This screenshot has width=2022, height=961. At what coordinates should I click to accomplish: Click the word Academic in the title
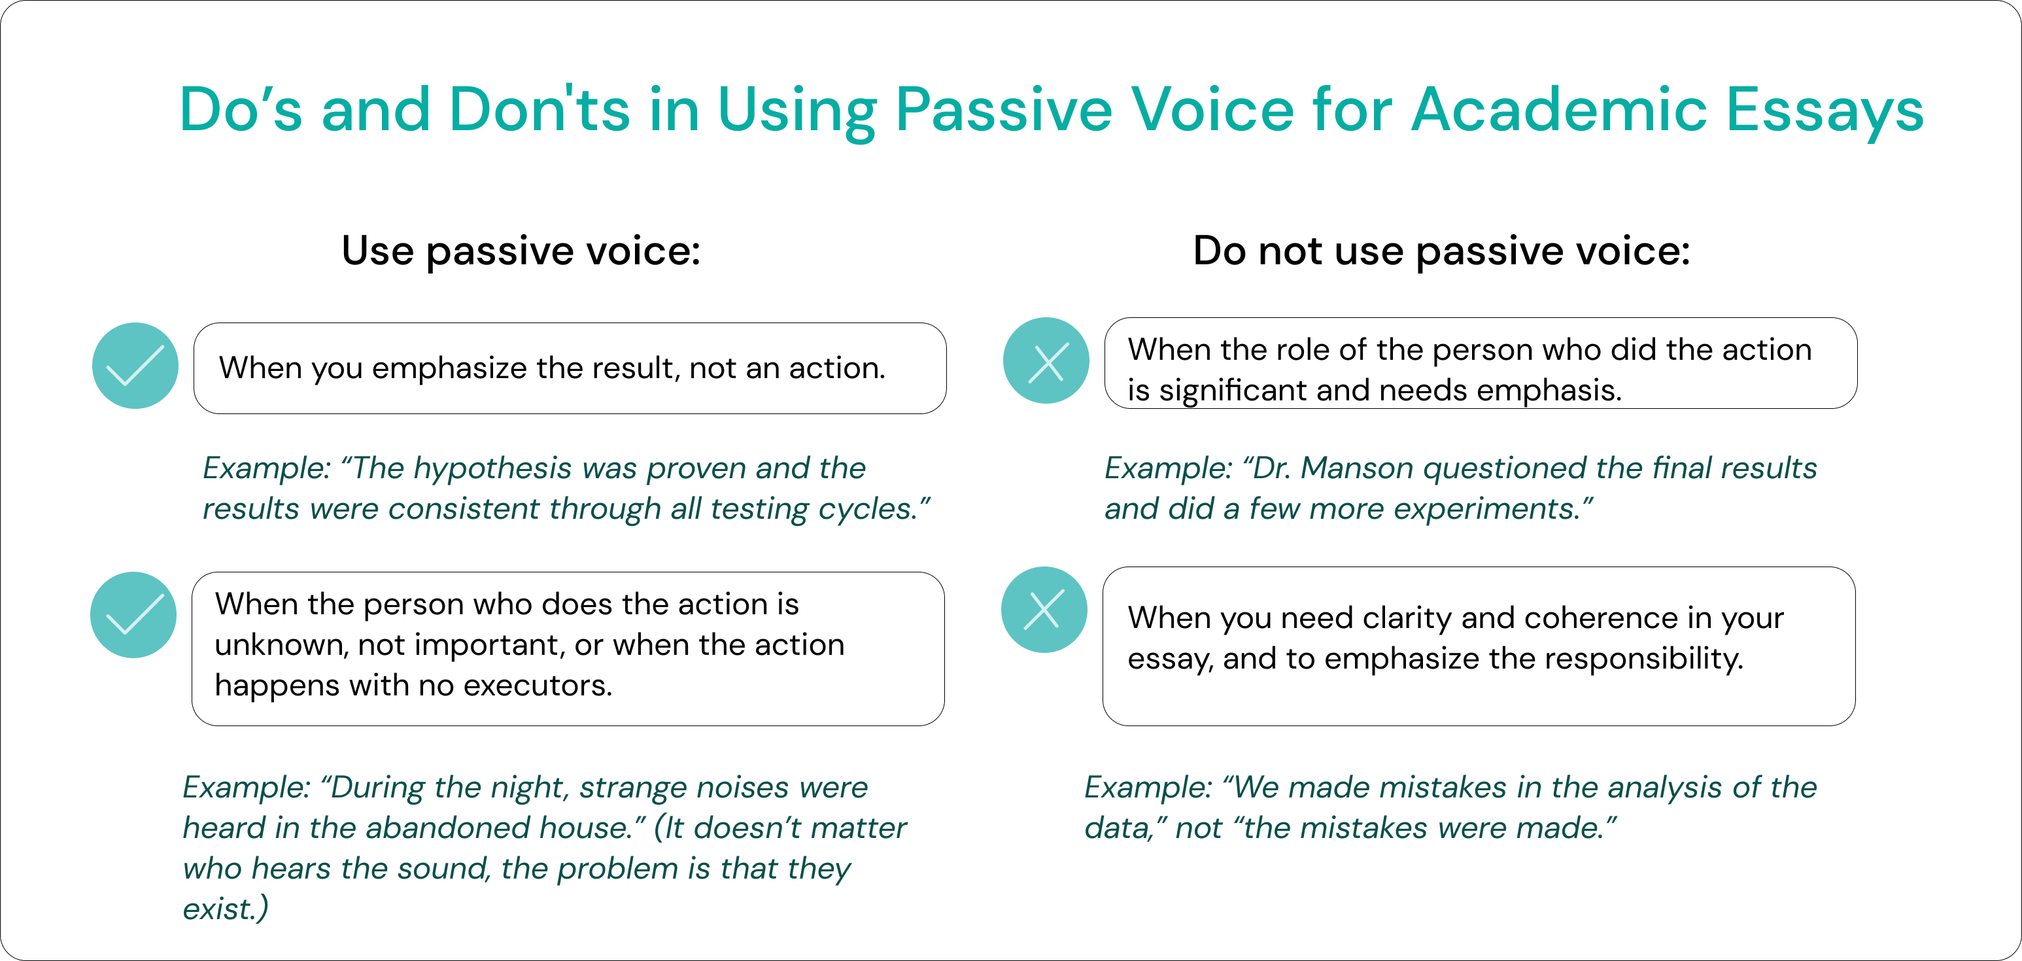[1559, 109]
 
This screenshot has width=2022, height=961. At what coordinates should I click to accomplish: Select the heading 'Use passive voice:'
[521, 252]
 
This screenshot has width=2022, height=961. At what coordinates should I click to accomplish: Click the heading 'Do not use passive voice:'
[1441, 252]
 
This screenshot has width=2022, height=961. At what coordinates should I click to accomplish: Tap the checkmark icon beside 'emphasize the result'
[135, 366]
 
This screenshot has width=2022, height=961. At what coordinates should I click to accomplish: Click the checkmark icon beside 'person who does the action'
[133, 615]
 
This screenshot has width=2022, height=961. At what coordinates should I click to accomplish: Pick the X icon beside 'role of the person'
[1046, 361]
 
